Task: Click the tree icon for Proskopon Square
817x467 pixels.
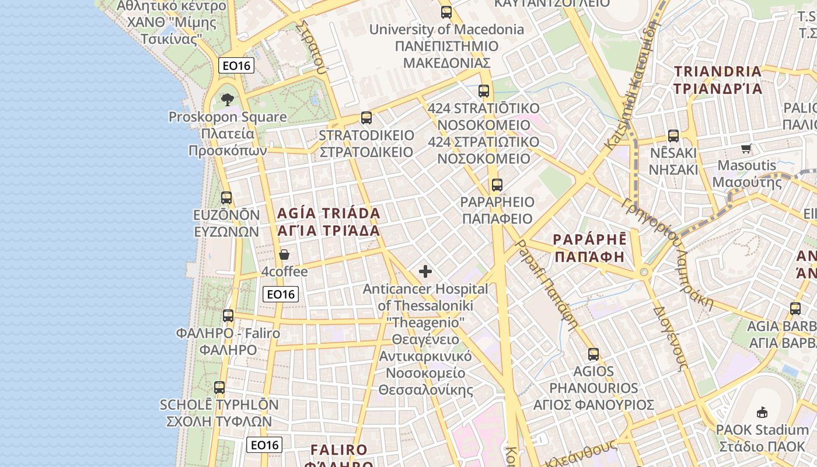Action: click(x=228, y=100)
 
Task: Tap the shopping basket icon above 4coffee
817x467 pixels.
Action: click(x=284, y=255)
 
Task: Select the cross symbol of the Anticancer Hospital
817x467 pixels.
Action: click(x=425, y=271)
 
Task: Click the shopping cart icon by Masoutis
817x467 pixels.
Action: click(x=746, y=148)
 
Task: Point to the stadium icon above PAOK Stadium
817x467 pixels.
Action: click(x=762, y=413)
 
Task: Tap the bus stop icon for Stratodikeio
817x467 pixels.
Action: click(x=366, y=118)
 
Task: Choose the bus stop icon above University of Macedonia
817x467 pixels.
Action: click(x=446, y=12)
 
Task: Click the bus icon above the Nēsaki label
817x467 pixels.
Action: click(x=673, y=136)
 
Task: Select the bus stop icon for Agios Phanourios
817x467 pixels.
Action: click(x=593, y=354)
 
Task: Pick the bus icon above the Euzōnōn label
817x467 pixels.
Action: click(x=226, y=198)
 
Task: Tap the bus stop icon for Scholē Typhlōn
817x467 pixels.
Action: click(x=219, y=387)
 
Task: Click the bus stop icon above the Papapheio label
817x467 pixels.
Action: click(x=497, y=185)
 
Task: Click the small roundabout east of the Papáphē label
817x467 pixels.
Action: click(x=644, y=272)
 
